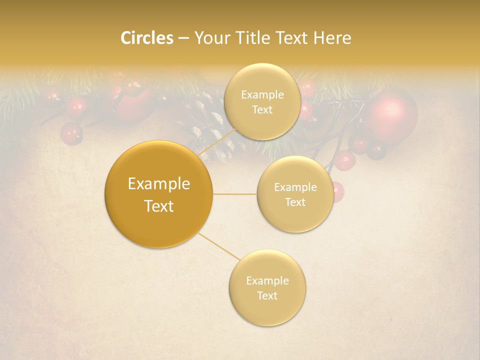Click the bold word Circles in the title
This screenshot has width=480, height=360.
pos(146,38)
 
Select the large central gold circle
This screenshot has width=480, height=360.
pos(158,194)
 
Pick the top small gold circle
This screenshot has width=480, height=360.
pos(262,101)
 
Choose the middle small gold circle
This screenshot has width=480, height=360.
pos(295,194)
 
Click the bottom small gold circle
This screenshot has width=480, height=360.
pos(267,287)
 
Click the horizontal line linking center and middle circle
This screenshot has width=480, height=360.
pos(234,194)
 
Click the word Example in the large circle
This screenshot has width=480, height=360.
pos(158,184)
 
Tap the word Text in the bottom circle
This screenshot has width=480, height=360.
pos(267,295)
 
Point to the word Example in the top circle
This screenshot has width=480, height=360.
pos(262,94)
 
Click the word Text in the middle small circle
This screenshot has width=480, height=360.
pos(295,202)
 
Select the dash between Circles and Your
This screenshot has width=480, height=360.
pos(183,38)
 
